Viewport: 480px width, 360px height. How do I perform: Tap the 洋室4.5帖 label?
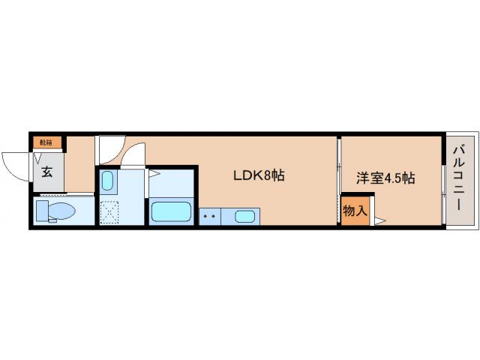click(385, 178)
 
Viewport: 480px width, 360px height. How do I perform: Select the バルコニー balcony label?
click(458, 180)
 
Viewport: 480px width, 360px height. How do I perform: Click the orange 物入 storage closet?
click(355, 211)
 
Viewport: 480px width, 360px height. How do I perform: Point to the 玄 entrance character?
click(46, 172)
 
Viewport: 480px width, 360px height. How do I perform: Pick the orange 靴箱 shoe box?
click(46, 142)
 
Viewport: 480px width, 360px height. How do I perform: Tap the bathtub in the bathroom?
click(172, 211)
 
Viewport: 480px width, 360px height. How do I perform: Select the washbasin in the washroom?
click(107, 181)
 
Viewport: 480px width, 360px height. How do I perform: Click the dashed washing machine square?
click(110, 213)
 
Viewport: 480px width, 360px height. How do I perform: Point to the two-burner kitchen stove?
click(209, 217)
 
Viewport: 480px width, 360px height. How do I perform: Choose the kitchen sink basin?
click(244, 217)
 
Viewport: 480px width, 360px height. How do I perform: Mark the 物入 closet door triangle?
click(379, 220)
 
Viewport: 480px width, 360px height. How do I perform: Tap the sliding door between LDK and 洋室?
click(338, 180)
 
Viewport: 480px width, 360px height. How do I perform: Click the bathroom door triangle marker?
click(152, 174)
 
